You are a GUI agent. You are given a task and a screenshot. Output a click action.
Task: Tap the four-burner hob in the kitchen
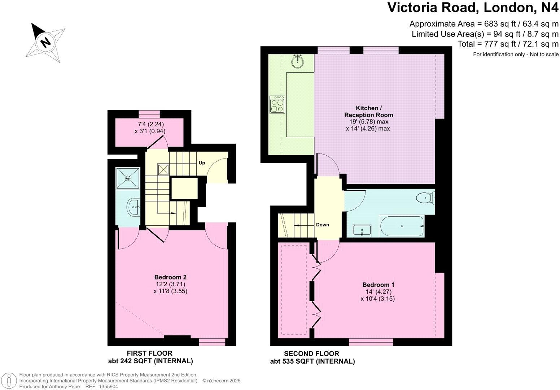tap(277, 104)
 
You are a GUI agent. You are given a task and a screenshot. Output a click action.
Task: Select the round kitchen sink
tap(297, 61)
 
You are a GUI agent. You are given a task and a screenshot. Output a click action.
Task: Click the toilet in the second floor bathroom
tap(425, 198)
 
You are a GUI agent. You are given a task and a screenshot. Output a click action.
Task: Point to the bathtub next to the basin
tap(402, 226)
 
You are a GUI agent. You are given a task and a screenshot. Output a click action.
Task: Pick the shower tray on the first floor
tap(128, 178)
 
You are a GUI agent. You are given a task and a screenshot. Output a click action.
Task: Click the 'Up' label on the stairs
tap(202, 163)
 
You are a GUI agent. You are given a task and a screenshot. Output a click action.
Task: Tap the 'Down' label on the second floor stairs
tap(322, 225)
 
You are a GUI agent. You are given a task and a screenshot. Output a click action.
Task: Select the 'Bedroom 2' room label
tap(170, 277)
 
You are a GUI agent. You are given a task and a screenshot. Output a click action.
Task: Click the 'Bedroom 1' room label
tap(378, 285)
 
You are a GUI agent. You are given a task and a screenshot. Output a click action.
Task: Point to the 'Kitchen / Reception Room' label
tap(368, 112)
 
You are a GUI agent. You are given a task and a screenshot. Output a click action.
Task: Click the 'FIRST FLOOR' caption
tap(149, 353)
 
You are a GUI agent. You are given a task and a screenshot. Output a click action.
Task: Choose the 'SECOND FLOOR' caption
tap(311, 354)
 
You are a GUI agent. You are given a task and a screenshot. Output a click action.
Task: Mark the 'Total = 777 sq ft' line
tap(508, 44)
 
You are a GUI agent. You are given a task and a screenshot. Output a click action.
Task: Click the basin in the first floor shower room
tap(133, 207)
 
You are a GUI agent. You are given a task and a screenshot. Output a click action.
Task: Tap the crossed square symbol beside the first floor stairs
tap(163, 170)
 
